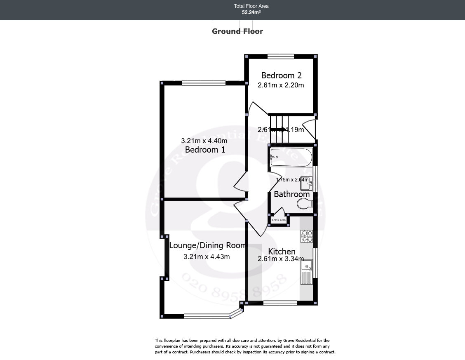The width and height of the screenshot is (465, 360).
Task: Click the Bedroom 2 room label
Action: click(x=281, y=75)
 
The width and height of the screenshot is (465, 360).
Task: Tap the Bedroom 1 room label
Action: click(x=205, y=150)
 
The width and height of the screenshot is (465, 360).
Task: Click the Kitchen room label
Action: click(x=282, y=252)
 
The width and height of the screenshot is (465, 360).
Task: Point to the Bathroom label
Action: click(x=291, y=194)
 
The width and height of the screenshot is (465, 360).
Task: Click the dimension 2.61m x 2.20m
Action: click(x=281, y=85)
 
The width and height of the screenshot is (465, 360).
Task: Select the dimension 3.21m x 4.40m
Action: click(x=204, y=141)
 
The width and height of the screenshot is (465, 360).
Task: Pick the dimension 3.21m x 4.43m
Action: click(x=207, y=257)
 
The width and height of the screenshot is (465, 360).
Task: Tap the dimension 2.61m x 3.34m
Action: click(x=281, y=259)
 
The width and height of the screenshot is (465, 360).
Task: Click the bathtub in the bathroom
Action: click(x=291, y=158)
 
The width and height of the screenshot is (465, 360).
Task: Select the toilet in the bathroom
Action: click(x=304, y=204)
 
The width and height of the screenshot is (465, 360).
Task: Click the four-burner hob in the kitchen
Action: click(x=307, y=236)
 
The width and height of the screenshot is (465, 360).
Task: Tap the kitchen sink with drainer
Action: click(x=307, y=272)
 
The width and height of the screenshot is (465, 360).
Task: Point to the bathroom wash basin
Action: click(x=307, y=183)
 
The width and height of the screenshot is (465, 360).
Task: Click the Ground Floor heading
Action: click(x=237, y=31)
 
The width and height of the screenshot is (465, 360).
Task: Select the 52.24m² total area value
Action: click(x=251, y=12)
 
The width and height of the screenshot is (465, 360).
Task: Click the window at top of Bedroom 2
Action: click(x=280, y=56)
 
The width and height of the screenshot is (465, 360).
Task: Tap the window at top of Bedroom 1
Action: click(x=204, y=83)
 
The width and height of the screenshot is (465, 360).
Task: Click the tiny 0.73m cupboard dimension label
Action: click(x=279, y=220)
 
